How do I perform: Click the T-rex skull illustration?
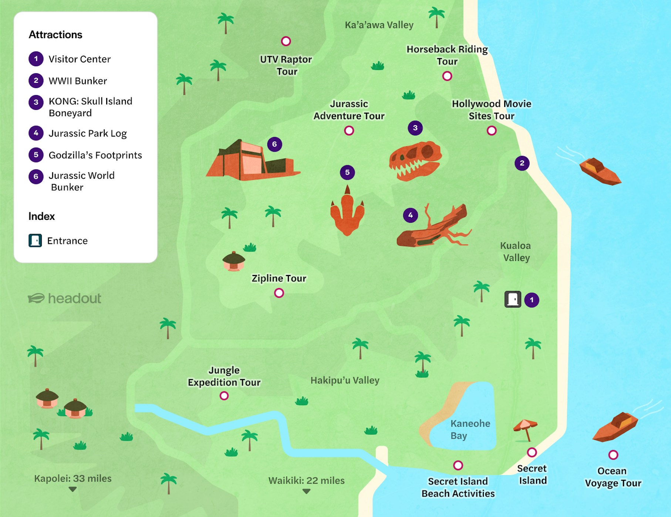tap(415, 161)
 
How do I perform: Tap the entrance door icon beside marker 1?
tap(513, 299)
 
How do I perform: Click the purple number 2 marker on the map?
tap(522, 163)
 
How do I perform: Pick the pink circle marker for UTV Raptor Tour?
tap(286, 41)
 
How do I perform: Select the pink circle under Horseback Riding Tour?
tap(447, 76)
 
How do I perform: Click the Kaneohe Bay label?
tap(470, 429)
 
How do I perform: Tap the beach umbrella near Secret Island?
tap(525, 429)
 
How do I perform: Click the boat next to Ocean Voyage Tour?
tap(615, 427)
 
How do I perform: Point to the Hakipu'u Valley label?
tap(345, 380)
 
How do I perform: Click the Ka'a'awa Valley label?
tap(379, 25)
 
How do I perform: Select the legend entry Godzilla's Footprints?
tap(95, 155)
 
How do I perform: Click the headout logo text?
tap(74, 298)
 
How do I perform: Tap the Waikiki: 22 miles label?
tap(306, 480)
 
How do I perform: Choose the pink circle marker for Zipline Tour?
tap(279, 293)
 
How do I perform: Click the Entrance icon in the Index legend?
tap(35, 241)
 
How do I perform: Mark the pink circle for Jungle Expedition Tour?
tap(224, 396)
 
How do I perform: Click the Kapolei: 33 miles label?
tap(73, 479)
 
